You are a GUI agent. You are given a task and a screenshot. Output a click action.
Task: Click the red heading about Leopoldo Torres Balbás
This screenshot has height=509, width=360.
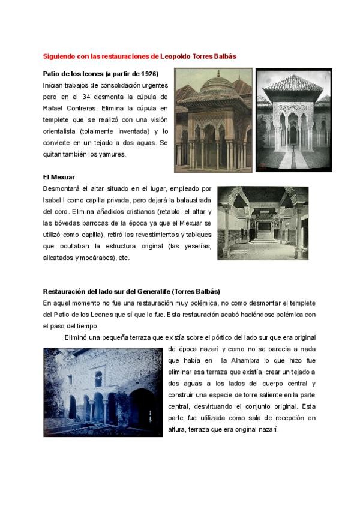point(139,56)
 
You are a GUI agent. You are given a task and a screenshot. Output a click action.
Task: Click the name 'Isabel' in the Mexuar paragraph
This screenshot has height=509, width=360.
point(53,200)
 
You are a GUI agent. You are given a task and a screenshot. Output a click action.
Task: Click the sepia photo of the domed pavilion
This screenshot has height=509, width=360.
point(213,119)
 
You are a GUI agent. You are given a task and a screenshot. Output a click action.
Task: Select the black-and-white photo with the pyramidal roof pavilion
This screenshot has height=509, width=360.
point(293,120)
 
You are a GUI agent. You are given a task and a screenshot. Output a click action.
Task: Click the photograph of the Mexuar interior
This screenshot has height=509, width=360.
point(263,222)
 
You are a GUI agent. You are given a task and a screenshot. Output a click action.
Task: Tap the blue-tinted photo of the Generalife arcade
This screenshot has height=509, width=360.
point(103,391)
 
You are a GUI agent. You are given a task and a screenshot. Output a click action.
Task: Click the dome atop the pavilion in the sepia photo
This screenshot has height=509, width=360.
point(218,83)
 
